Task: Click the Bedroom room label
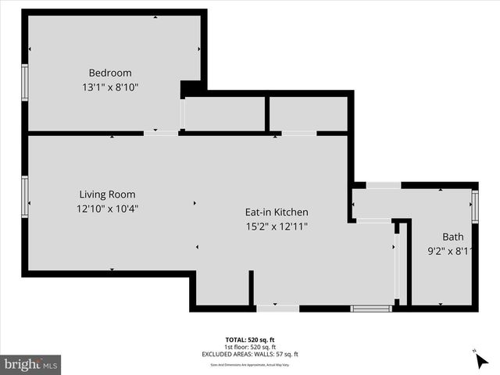click(109, 73)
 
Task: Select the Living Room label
click(107, 195)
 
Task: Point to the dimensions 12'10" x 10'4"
click(108, 209)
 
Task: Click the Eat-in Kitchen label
click(277, 212)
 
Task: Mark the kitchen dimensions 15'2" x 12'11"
click(277, 227)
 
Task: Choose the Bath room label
click(452, 237)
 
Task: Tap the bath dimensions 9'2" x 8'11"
click(452, 252)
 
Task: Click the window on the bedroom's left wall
click(24, 83)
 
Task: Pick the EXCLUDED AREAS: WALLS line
click(250, 354)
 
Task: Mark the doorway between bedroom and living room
click(160, 134)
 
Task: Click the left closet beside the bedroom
click(225, 114)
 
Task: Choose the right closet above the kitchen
click(309, 114)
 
